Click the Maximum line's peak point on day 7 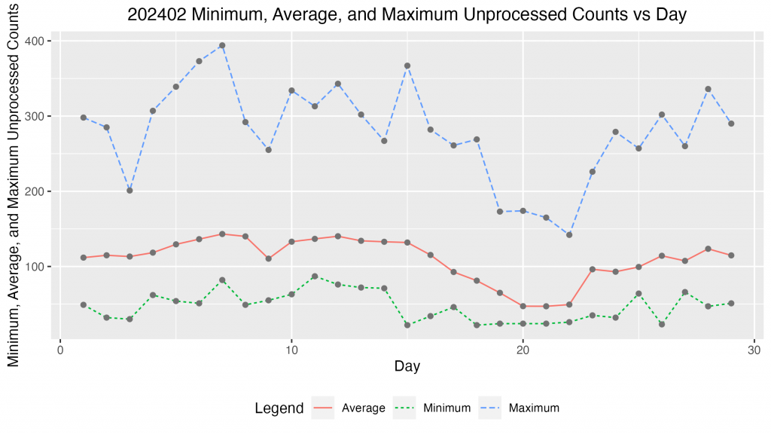pos(222,45)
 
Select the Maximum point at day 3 pos(130,191)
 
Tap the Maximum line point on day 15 pos(407,66)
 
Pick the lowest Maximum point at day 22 pos(569,235)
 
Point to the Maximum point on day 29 pos(731,124)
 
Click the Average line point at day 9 pos(269,258)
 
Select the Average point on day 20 pos(523,306)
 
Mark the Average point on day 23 pos(593,269)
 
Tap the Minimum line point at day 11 pos(315,277)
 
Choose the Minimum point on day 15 pos(407,325)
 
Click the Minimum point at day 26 pos(662,324)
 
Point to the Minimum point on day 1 pos(84,304)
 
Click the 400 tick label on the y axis pos(35,41)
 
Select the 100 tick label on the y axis pos(35,267)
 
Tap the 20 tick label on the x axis pos(523,350)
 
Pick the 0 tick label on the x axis pos(60,350)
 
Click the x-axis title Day pos(407,366)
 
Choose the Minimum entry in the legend pos(432,408)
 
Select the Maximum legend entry pos(520,408)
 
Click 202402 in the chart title pos(157,14)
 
